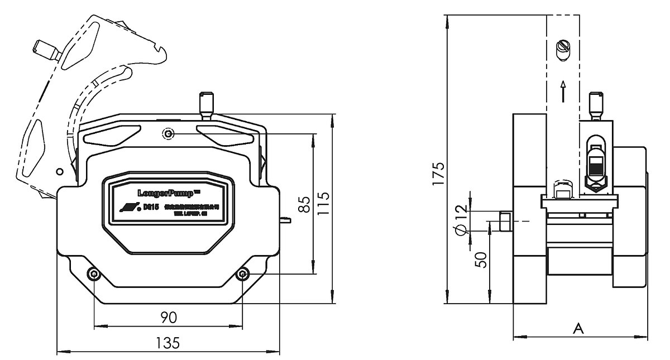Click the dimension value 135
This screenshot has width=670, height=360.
click(167, 343)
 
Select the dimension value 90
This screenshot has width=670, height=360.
click(169, 317)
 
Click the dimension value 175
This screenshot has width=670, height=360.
click(439, 174)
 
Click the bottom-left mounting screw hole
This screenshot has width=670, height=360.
click(94, 274)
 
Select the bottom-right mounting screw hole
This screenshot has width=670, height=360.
click(243, 274)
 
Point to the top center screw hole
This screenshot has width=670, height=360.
click(168, 134)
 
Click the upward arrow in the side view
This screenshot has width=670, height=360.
click(564, 90)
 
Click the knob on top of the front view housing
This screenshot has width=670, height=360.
click(207, 103)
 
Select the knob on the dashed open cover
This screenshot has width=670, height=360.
click(46, 50)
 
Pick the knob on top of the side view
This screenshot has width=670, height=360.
click(597, 103)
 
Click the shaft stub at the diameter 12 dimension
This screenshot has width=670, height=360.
click(505, 221)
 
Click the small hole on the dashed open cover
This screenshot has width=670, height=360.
click(59, 171)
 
